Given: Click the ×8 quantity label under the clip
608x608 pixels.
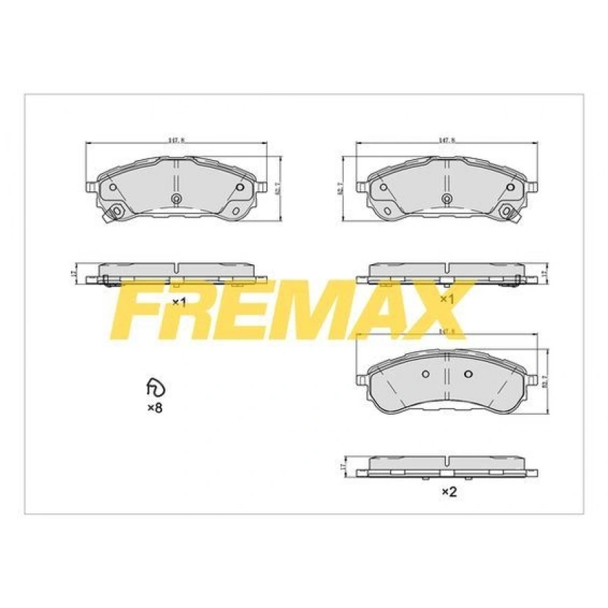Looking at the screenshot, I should tap(155, 408).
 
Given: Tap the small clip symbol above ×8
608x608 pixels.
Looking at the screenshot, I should tap(155, 388).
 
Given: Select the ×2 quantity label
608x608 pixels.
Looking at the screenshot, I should tap(449, 492).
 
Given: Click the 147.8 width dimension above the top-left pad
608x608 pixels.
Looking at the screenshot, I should tap(176, 140).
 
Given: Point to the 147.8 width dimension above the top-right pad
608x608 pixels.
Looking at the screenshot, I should tap(445, 140).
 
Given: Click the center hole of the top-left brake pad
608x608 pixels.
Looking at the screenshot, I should tap(176, 198).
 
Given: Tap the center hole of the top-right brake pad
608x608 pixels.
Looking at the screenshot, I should tap(446, 198).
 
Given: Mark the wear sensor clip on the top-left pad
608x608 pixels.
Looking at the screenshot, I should tap(114, 213).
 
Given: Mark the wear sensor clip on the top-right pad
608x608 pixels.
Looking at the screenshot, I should tap(508, 213).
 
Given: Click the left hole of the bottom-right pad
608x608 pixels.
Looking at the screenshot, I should tap(425, 374).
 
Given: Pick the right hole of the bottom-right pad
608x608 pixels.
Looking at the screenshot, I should tap(467, 374).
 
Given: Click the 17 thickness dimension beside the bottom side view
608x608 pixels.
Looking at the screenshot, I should tap(344, 465).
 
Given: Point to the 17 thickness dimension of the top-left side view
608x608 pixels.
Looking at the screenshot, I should tap(74, 273).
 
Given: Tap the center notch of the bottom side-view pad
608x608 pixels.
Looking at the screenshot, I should tap(447, 461).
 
